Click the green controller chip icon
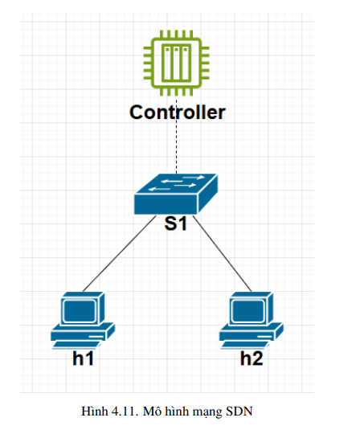click(x=177, y=63)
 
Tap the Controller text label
click(x=178, y=113)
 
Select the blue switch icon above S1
click(x=176, y=194)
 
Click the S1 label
click(x=175, y=223)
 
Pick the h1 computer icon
click(x=83, y=321)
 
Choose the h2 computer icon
click(x=252, y=321)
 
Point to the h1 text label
click(x=83, y=358)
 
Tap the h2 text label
click(x=252, y=358)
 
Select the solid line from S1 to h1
click(x=119, y=254)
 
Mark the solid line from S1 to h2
click(x=222, y=254)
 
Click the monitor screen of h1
click(x=80, y=311)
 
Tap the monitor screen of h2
click(x=248, y=311)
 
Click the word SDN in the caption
click(x=239, y=412)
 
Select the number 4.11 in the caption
click(x=125, y=412)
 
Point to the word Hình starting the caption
click(x=95, y=412)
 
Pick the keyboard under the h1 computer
click(x=76, y=346)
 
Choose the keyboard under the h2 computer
click(x=245, y=346)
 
